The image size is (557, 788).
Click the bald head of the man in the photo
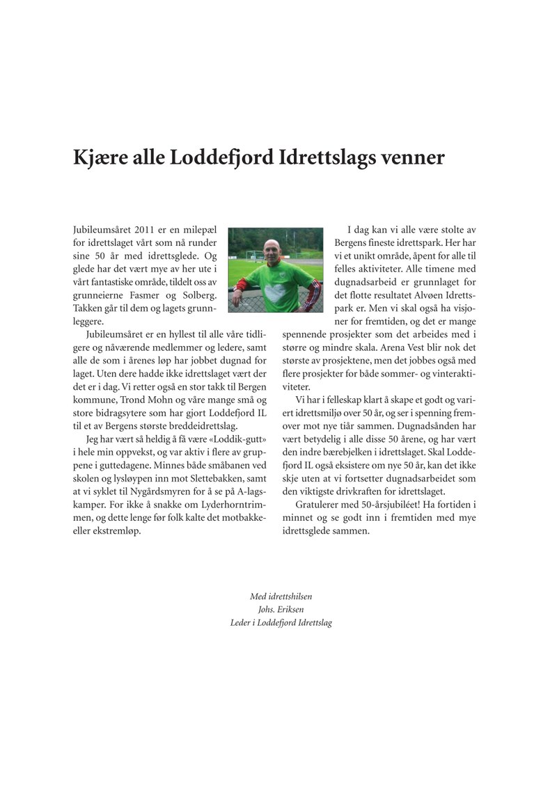coord(274,246)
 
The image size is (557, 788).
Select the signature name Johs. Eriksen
coord(281,610)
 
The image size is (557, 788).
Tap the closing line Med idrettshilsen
coord(281,597)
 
